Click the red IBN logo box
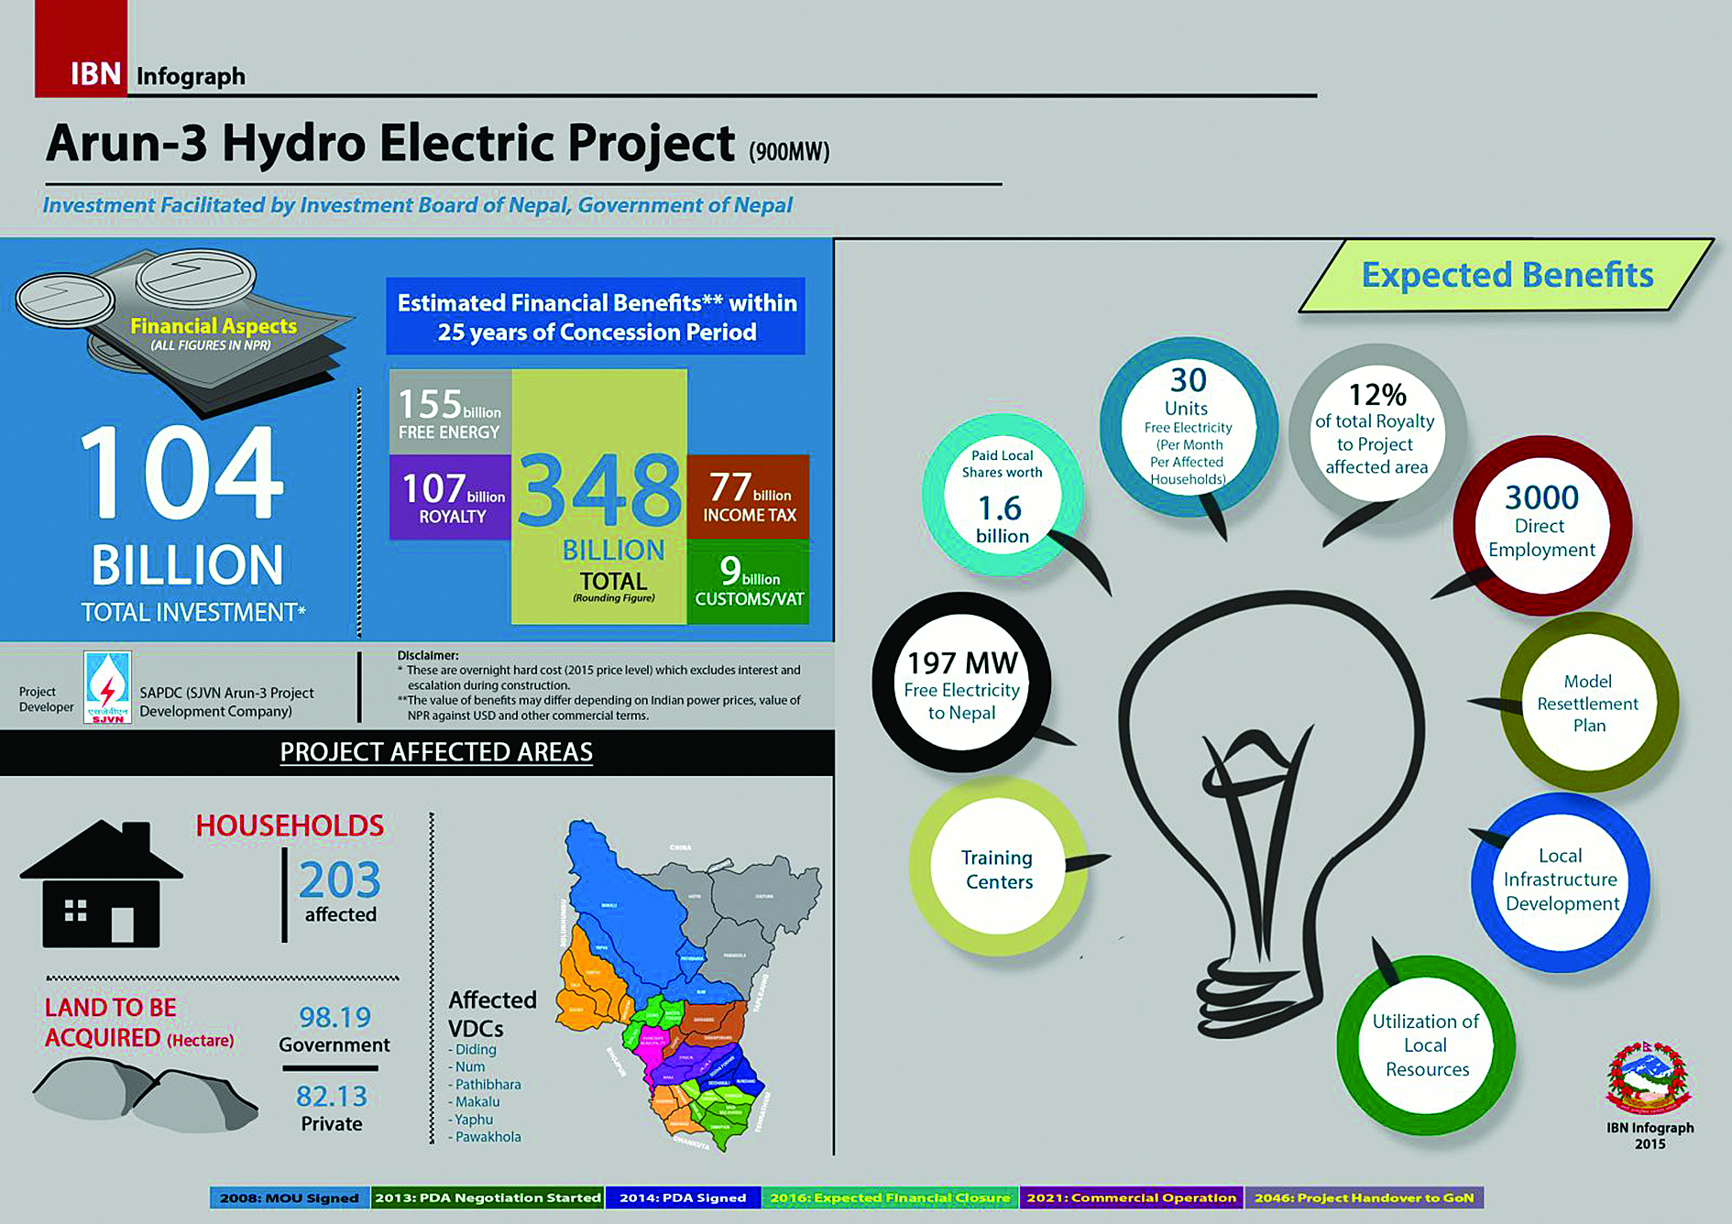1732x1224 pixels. tap(82, 50)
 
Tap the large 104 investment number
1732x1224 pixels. tap(181, 473)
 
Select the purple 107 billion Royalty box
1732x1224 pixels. tap(451, 497)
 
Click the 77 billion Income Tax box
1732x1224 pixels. tap(748, 496)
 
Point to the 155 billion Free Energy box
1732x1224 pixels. tap(450, 413)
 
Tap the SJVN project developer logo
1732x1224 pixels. tap(107, 687)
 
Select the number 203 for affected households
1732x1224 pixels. tap(339, 880)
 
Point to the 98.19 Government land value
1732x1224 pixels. tap(334, 1017)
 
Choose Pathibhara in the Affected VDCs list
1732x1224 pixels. tap(488, 1085)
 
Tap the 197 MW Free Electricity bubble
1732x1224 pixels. tap(961, 683)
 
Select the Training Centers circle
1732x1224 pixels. tap(997, 868)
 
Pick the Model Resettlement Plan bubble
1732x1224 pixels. tap(1588, 703)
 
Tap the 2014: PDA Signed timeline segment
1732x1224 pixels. tap(683, 1197)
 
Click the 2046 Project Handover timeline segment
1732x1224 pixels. tap(1364, 1197)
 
